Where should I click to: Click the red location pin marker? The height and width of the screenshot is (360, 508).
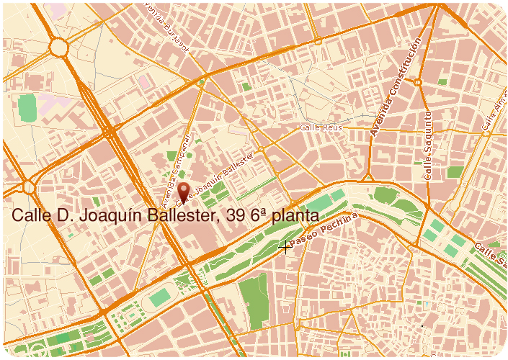pyautogui.click(x=184, y=191)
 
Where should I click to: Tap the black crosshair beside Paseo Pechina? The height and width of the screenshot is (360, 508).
pyautogui.click(x=286, y=247)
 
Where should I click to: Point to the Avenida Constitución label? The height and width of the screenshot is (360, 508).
pyautogui.click(x=393, y=89)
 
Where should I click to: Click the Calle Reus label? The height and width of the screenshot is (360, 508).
pyautogui.click(x=320, y=127)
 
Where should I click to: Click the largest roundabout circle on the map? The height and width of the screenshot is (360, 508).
pyautogui.click(x=58, y=48)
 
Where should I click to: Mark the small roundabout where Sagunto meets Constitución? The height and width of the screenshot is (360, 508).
pyautogui.click(x=417, y=81)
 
